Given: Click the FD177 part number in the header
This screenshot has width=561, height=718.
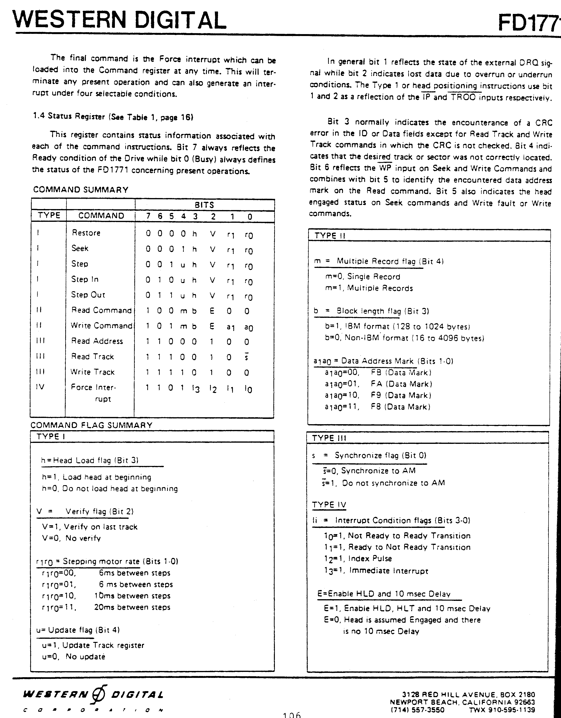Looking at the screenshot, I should coord(529,23).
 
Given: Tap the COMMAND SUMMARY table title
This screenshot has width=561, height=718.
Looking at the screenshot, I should coord(81,190).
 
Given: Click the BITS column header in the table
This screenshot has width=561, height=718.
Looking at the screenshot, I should coord(204,205).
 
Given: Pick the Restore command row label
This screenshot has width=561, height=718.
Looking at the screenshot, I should coord(86,233).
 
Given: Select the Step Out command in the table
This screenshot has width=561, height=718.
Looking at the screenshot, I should coord(88,295).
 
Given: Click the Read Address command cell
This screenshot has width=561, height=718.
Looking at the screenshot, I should coord(97,341).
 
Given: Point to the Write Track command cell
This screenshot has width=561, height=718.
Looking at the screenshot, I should coord(92,372).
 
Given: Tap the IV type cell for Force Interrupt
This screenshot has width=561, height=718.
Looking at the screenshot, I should coord(40,387).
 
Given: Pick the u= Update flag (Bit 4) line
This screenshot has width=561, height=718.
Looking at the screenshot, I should coord(78,630).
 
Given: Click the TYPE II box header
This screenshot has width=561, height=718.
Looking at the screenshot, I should coord(330,235).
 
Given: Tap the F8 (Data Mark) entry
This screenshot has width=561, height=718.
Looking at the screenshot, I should coord(400,407).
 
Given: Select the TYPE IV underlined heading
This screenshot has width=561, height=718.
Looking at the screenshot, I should coord(329,505).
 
